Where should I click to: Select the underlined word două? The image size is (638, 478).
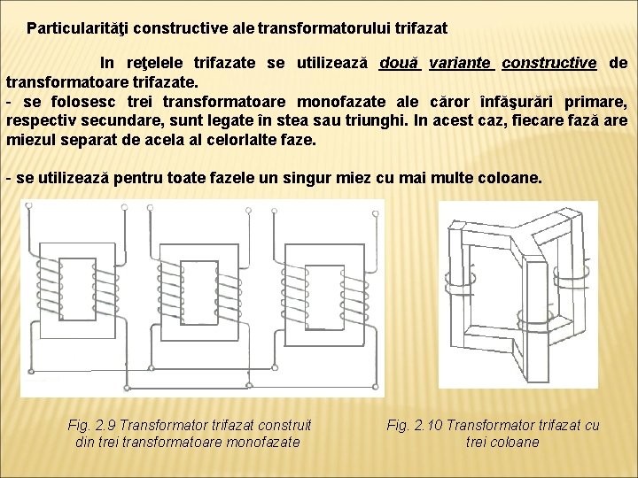pyautogui.click(x=399, y=63)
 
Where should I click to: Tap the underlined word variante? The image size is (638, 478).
pyautogui.click(x=461, y=63)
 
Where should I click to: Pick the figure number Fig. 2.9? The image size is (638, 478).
pyautogui.click(x=95, y=426)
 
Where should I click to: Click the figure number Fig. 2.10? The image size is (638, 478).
pyautogui.click(x=418, y=426)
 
